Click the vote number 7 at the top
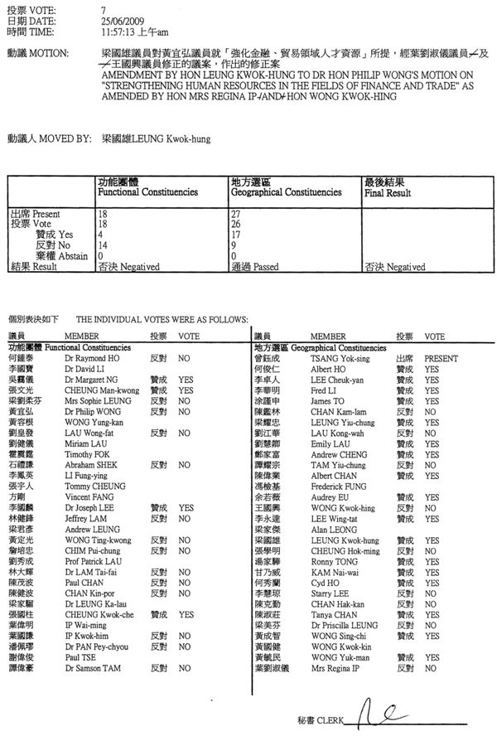pyautogui.click(x=102, y=7)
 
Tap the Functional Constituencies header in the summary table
pyautogui.click(x=147, y=192)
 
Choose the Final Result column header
pyautogui.click(x=387, y=192)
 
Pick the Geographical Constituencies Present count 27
pyautogui.click(x=235, y=213)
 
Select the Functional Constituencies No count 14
pyautogui.click(x=103, y=245)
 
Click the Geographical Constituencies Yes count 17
pyautogui.click(x=235, y=235)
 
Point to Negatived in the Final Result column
pyautogui.click(x=394, y=267)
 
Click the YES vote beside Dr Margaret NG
pyautogui.click(x=186, y=378)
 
